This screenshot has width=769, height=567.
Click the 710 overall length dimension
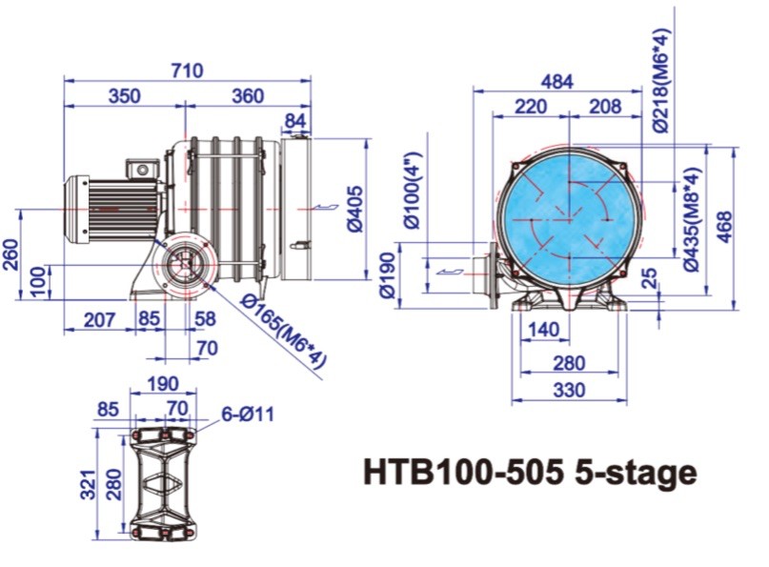188,71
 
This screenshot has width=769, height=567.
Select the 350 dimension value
124,96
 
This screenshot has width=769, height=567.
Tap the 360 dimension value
247,96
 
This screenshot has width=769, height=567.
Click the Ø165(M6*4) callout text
284,331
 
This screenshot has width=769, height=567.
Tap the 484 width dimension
557,81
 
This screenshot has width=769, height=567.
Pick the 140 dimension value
541,330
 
